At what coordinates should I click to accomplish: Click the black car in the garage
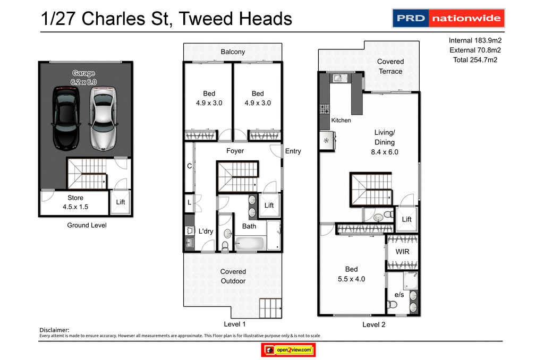point(66,117)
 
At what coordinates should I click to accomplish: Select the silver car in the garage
point(103,117)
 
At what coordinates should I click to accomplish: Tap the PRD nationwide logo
point(448,18)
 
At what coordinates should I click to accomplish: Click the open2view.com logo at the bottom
point(288,350)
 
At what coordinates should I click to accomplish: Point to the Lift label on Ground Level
point(121,202)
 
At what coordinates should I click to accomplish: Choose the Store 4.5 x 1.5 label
point(75,202)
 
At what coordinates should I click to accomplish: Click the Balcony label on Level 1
point(233,52)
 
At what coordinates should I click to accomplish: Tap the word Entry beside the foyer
point(293,151)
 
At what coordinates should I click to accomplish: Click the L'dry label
point(206,232)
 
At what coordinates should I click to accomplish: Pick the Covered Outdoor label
point(233,276)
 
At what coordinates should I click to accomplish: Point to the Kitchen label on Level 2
point(341,121)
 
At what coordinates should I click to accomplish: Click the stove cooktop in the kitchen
point(324,109)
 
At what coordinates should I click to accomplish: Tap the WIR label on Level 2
point(402,252)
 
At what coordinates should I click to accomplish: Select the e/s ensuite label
point(399,295)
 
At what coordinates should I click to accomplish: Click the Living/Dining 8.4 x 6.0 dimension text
point(385,152)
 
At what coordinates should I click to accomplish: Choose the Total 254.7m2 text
point(475,60)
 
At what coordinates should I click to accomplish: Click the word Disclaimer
point(54,330)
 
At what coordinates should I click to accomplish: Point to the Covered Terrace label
point(390,66)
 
